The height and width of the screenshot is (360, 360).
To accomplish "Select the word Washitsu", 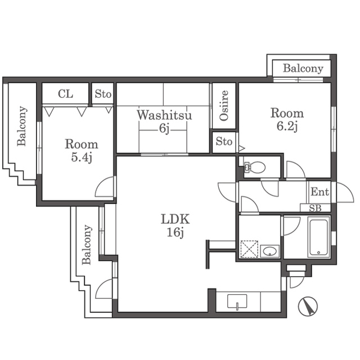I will pyautogui.click(x=164, y=115).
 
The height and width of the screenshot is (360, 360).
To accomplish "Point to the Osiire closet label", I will pyautogui.click(x=224, y=106).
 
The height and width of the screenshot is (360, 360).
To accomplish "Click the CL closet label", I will pyautogui.click(x=65, y=94).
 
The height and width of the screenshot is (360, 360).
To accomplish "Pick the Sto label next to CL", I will pyautogui.click(x=103, y=94).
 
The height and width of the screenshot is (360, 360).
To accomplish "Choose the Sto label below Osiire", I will pyautogui.click(x=224, y=142).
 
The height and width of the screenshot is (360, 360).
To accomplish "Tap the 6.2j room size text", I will pyautogui.click(x=286, y=127).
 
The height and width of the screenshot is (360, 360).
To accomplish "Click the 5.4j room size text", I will pyautogui.click(x=81, y=157).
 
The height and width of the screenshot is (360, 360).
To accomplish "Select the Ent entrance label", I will pyautogui.click(x=319, y=192).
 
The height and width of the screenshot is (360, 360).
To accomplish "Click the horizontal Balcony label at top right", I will pyautogui.click(x=303, y=69).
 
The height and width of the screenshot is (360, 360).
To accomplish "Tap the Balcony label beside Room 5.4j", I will pyautogui.click(x=22, y=126).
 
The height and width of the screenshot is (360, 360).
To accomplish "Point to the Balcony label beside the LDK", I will pyautogui.click(x=87, y=245).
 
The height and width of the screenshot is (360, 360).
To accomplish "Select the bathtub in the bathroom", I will pyautogui.click(x=318, y=237).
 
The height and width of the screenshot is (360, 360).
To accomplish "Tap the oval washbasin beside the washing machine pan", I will pyautogui.click(x=270, y=250).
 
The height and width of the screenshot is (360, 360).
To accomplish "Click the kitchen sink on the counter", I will pyautogui.click(x=238, y=303).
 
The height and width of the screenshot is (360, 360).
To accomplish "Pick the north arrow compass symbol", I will pyautogui.click(x=308, y=306).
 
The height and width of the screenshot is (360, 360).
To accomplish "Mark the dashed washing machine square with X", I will pyautogui.click(x=249, y=249).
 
